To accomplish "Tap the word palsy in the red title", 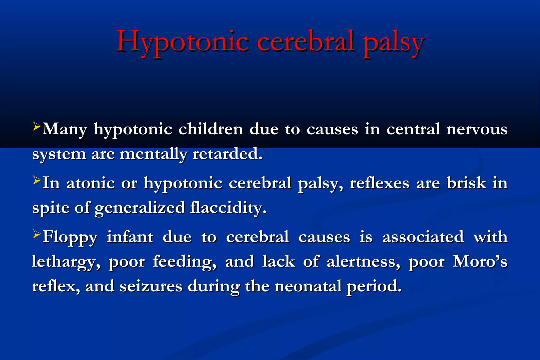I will click(393, 42).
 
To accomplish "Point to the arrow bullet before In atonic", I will click(37, 181).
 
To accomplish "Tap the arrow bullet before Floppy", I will click(37, 234).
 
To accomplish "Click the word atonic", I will click(91, 183).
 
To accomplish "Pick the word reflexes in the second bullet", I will click(380, 183).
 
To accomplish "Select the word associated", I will click(423, 237).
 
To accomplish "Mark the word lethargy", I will click(66, 262).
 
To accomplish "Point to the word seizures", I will click(151, 286).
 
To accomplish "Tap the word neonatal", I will click(308, 286).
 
